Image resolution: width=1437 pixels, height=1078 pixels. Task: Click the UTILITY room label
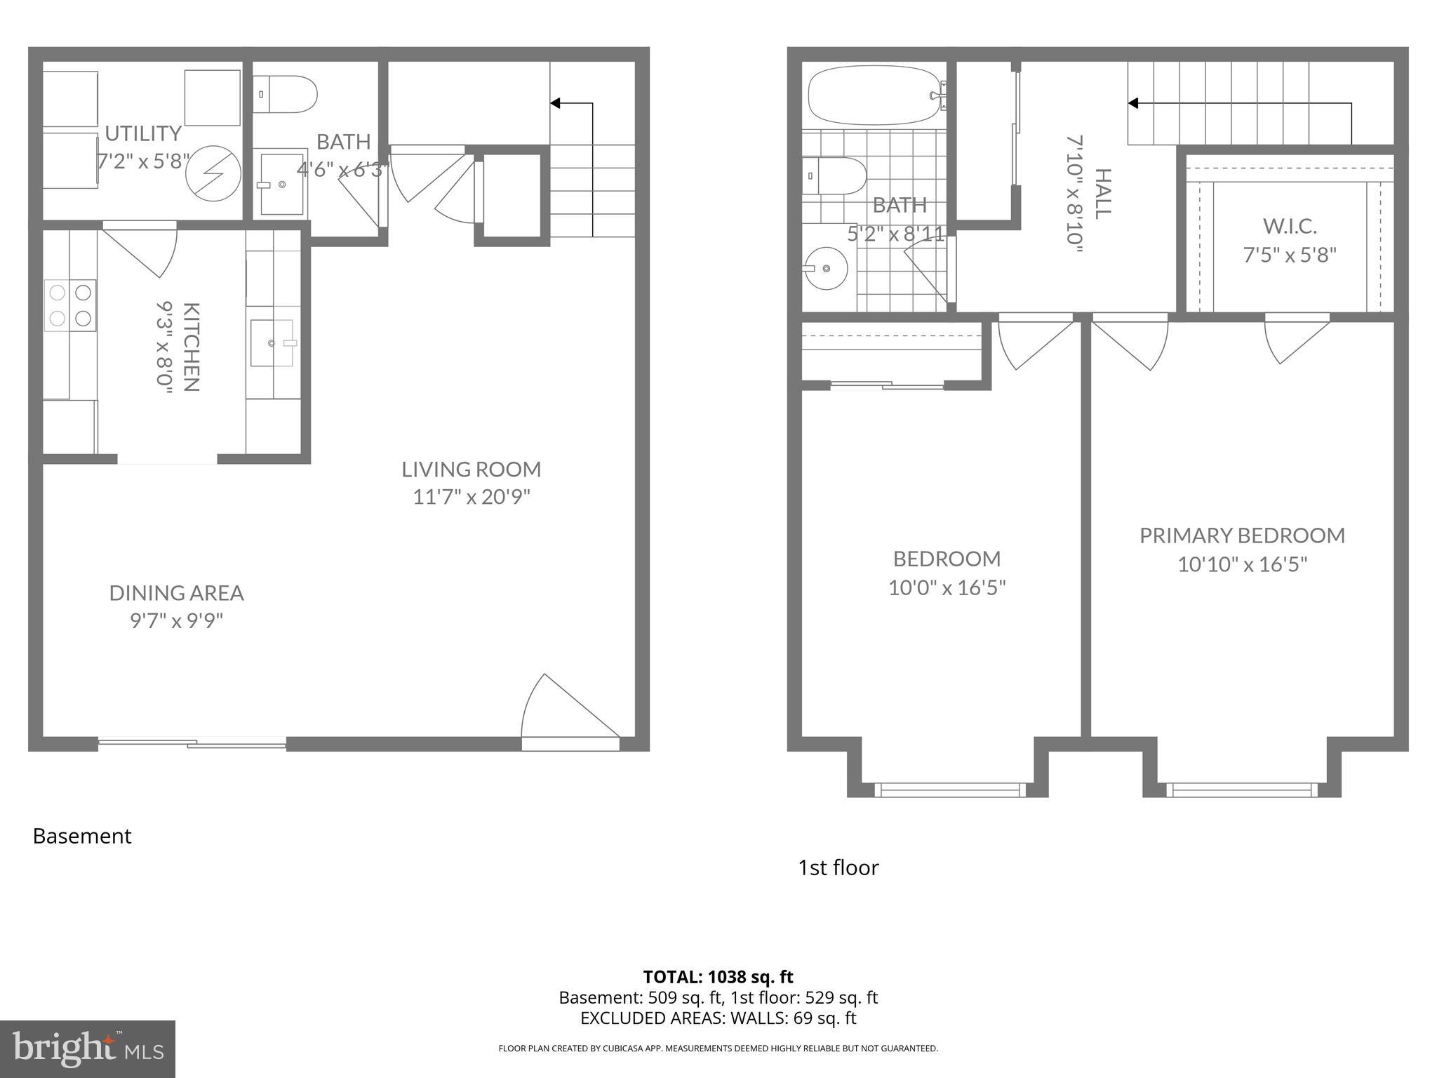coord(143,133)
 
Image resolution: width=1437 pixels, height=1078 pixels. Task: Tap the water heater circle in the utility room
coord(213,173)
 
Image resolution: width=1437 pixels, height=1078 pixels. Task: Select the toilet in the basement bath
coord(286,94)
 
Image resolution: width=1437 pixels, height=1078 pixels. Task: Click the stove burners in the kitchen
coord(70,305)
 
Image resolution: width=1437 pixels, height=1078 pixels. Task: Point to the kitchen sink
coord(273,343)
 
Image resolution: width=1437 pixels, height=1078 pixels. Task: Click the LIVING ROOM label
coord(471,469)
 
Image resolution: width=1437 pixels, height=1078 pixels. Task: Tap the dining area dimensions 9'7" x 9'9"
coord(176,621)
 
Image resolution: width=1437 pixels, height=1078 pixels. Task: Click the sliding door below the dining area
coord(192,743)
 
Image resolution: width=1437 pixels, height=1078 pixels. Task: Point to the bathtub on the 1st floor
coord(874,95)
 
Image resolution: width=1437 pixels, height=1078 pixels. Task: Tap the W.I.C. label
coord(1290,226)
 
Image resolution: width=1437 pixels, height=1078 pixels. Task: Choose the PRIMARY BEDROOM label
coord(1242,535)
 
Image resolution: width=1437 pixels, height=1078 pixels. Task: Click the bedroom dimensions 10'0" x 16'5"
coord(947,587)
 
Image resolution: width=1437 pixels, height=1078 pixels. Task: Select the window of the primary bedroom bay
coord(1241,790)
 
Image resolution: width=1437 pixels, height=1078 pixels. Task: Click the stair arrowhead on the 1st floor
coord(1132,103)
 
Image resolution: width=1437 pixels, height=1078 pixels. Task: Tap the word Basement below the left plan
coord(82,836)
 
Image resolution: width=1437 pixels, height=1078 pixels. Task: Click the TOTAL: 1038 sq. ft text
coord(718,976)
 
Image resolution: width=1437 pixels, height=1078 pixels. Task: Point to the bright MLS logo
coord(87,1049)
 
